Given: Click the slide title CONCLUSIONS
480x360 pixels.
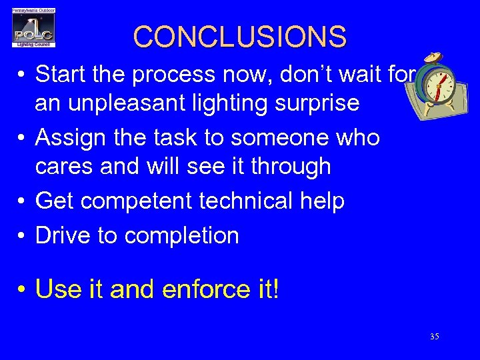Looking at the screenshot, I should pos(240,37).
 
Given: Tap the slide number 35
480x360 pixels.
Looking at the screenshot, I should pos(434,337).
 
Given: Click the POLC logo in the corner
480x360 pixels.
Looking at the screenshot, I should pos(33,28).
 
